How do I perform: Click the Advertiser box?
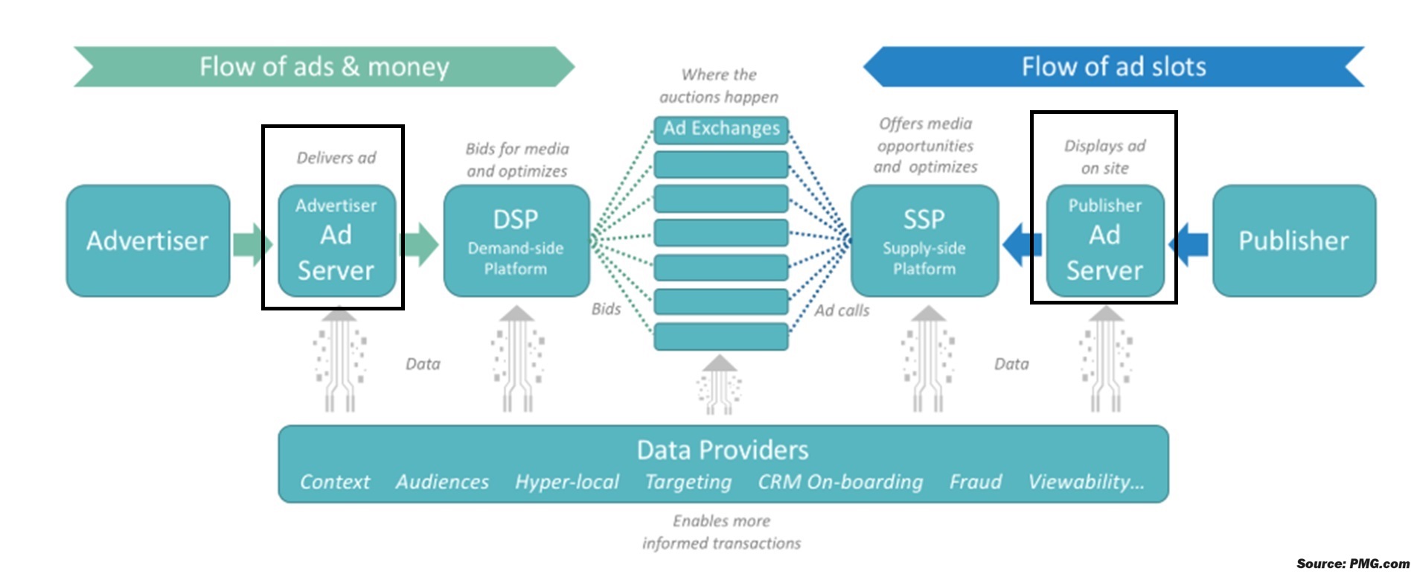(147, 240)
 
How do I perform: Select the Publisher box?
(1293, 240)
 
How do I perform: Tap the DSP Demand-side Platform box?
(516, 240)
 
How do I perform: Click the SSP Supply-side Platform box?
(924, 240)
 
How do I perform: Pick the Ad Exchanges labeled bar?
(720, 129)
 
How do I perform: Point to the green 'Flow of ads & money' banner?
(324, 67)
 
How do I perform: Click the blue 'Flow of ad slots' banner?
(1113, 67)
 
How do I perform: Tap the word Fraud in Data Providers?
(975, 482)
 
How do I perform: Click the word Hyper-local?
(566, 482)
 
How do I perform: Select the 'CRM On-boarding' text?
(840, 482)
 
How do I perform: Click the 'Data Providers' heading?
(722, 450)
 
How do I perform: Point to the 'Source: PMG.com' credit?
(1352, 564)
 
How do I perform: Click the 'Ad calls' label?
(842, 310)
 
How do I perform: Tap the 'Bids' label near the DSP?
(606, 309)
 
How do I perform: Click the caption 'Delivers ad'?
(336, 158)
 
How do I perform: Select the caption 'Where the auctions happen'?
(719, 86)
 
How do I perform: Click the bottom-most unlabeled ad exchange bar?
(720, 337)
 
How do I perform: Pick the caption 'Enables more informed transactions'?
(721, 532)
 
